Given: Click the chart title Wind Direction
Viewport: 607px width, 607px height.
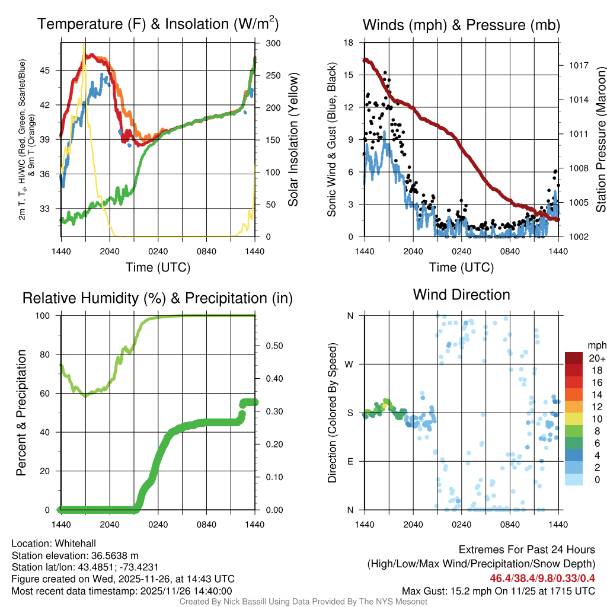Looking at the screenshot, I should tap(461, 295).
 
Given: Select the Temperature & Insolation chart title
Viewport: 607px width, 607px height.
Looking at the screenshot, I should tap(158, 24).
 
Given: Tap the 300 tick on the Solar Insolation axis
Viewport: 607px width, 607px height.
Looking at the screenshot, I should tap(273, 43).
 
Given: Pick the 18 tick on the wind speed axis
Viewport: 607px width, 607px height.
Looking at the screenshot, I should tap(349, 43).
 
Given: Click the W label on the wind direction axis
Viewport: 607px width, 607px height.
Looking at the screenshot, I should tap(350, 364).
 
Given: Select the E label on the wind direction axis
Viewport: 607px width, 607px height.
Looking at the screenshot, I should tap(350, 461).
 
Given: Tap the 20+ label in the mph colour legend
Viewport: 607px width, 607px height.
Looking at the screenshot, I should tap(596, 359).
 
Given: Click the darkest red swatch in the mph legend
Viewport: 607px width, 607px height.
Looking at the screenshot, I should tap(574, 359).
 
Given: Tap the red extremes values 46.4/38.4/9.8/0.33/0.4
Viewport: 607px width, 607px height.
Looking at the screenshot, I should tap(542, 579).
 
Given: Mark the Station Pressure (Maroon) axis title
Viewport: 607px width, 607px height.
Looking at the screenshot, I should tap(600, 139).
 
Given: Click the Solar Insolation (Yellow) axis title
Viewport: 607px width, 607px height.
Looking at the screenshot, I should tap(293, 139).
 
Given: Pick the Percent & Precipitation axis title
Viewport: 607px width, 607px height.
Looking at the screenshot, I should tap(21, 413).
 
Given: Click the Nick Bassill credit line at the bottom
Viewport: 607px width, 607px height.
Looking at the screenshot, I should tap(303, 602).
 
